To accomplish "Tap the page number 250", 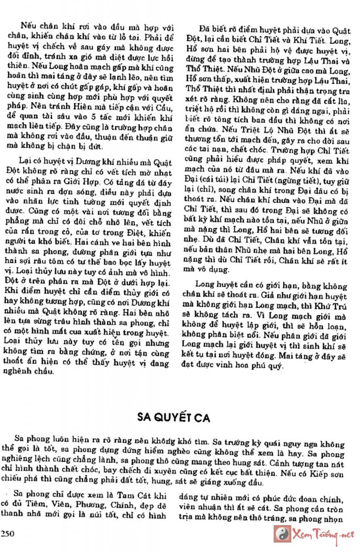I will point(10,534).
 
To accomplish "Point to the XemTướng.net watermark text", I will point(323,534).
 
